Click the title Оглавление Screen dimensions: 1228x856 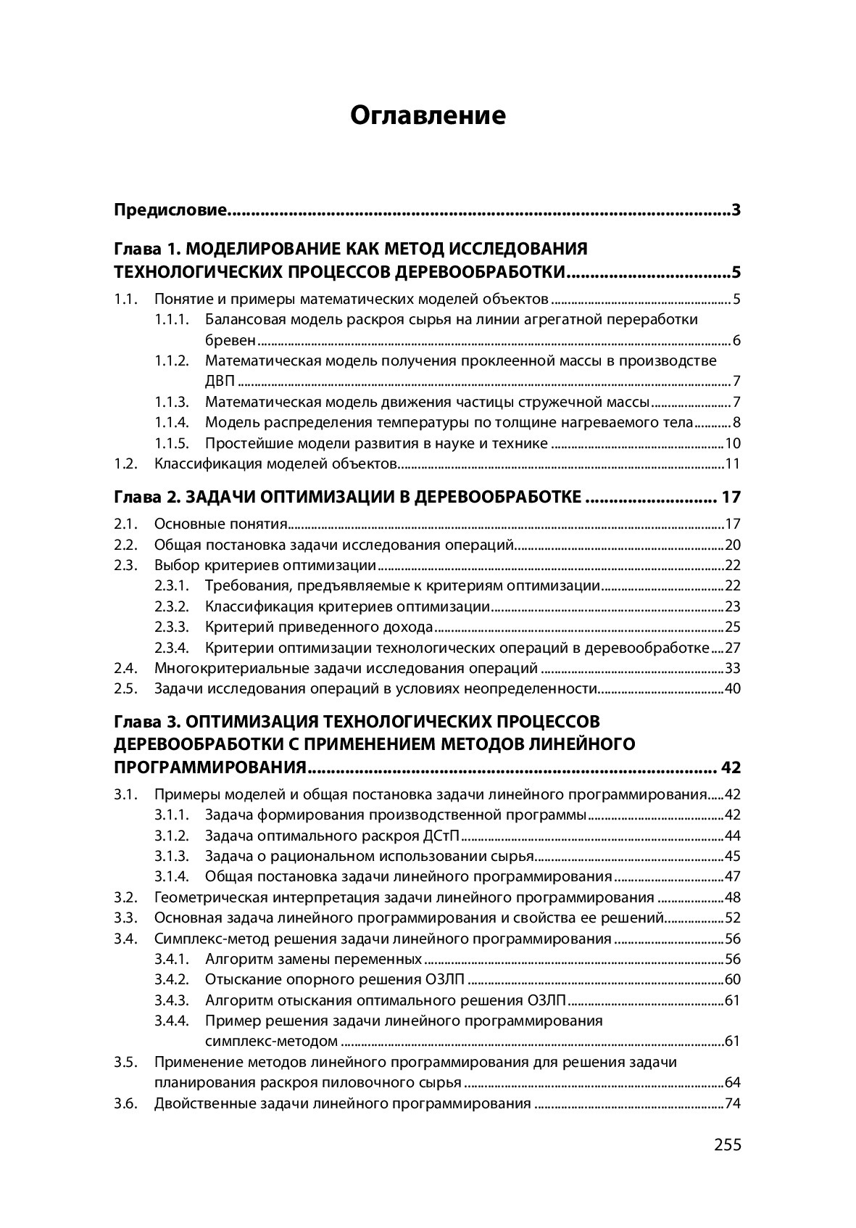[428, 115]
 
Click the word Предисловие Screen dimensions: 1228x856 [171, 211]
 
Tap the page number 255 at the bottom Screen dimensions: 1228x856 [727, 1145]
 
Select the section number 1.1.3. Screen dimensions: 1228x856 [172, 402]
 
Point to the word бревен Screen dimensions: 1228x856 [230, 340]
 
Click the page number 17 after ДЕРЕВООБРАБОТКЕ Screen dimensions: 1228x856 [731, 497]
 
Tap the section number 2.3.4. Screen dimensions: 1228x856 [172, 648]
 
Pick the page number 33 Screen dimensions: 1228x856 [732, 668]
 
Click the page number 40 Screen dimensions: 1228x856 [732, 688]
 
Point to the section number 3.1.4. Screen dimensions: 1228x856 [172, 876]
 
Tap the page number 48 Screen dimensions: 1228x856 [732, 897]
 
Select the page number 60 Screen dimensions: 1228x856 [732, 980]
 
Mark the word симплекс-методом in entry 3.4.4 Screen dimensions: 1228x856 [271, 1042]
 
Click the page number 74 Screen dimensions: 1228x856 [732, 1103]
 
